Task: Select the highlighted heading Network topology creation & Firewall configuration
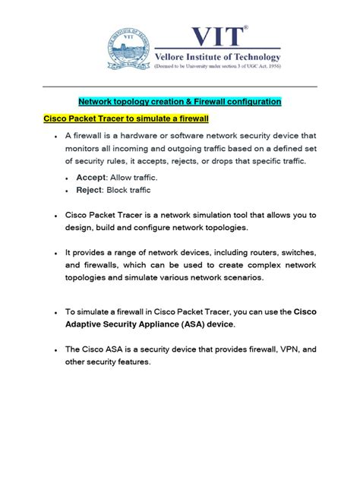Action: pyautogui.click(x=180, y=101)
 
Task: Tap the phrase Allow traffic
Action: pyautogui.click(x=141, y=177)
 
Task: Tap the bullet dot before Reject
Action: pyautogui.click(x=68, y=191)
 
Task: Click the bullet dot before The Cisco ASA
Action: pyautogui.click(x=56, y=350)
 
